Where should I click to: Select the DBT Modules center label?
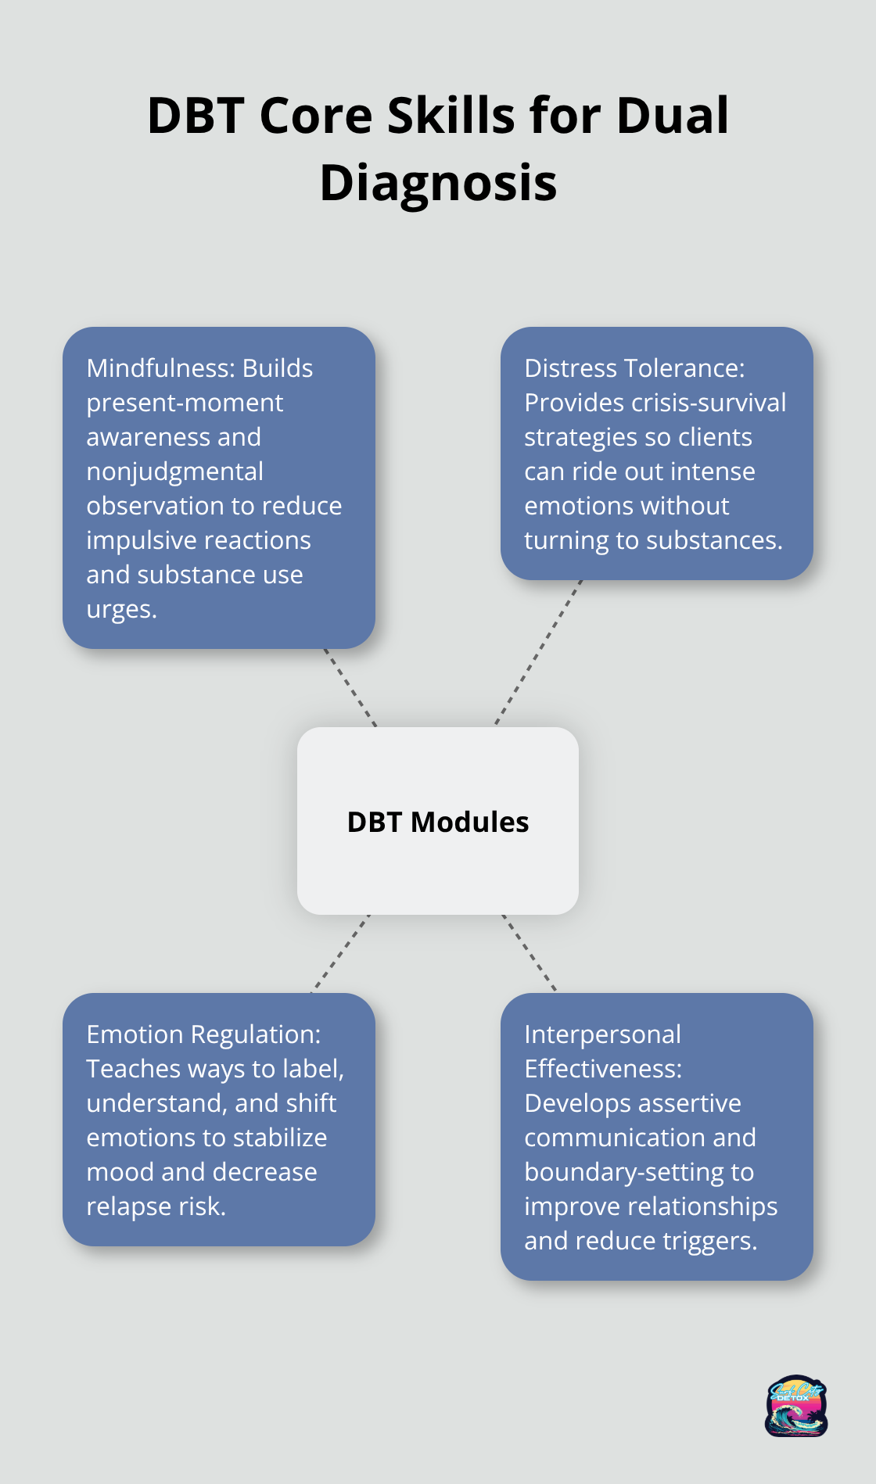(x=438, y=823)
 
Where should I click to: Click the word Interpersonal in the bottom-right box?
(x=602, y=1034)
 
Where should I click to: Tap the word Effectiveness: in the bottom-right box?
(x=602, y=1069)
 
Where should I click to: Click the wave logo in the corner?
(x=796, y=1406)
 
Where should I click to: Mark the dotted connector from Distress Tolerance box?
(x=539, y=653)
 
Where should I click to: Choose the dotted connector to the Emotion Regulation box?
(x=340, y=954)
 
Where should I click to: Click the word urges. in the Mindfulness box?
(x=121, y=609)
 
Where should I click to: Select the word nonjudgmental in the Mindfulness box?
(x=174, y=471)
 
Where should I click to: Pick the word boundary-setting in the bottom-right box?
(x=639, y=1172)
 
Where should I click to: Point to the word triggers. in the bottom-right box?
(x=709, y=1241)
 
